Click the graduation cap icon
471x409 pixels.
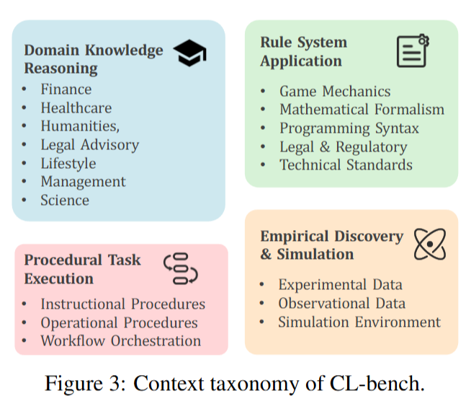pyautogui.click(x=190, y=53)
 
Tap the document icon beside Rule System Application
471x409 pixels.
pyautogui.click(x=413, y=50)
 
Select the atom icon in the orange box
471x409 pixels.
pyautogui.click(x=430, y=244)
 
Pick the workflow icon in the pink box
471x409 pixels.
pyautogui.click(x=181, y=268)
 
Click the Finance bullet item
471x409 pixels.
pyautogui.click(x=66, y=89)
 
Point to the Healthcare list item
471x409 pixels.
pyautogui.click(x=76, y=108)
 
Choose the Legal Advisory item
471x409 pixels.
pyautogui.click(x=89, y=145)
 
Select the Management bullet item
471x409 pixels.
pyautogui.click(x=83, y=182)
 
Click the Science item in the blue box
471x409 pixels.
pyautogui.click(x=65, y=201)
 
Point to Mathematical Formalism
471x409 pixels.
pyautogui.click(x=362, y=110)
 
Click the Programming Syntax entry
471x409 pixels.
pyautogui.click(x=349, y=128)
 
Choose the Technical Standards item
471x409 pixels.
pyautogui.click(x=346, y=164)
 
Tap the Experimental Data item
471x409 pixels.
pyautogui.click(x=340, y=285)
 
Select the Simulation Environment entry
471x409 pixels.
pyautogui.click(x=359, y=322)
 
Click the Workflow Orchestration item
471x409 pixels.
pyautogui.click(x=120, y=341)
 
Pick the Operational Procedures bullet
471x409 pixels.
pyautogui.click(x=119, y=322)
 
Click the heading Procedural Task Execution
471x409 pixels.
pyautogui.click(x=82, y=269)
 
